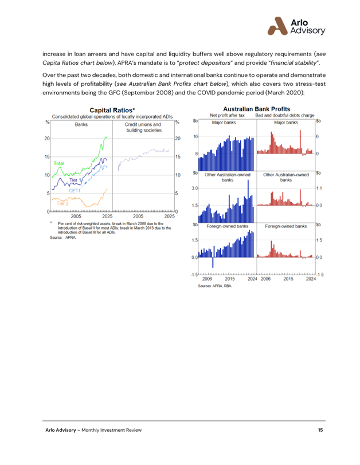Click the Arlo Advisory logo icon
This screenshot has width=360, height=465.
coord(277,25)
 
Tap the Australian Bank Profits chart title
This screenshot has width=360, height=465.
coord(256,109)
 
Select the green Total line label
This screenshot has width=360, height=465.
coord(58,164)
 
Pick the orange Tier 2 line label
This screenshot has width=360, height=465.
coord(62,203)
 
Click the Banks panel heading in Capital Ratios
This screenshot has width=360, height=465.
coord(81,124)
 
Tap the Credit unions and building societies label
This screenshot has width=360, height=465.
coord(143,127)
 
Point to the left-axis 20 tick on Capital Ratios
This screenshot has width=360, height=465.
coord(46,139)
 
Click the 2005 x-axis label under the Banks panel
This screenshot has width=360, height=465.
coord(76,216)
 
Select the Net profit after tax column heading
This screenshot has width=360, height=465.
coord(227,115)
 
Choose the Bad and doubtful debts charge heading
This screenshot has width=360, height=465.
coord(285,115)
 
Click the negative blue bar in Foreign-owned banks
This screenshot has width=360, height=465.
coord(212,262)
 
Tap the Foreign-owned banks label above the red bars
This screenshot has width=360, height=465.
coord(285,226)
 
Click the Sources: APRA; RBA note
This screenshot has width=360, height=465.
coord(215,285)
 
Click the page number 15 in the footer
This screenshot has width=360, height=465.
coord(320,429)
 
